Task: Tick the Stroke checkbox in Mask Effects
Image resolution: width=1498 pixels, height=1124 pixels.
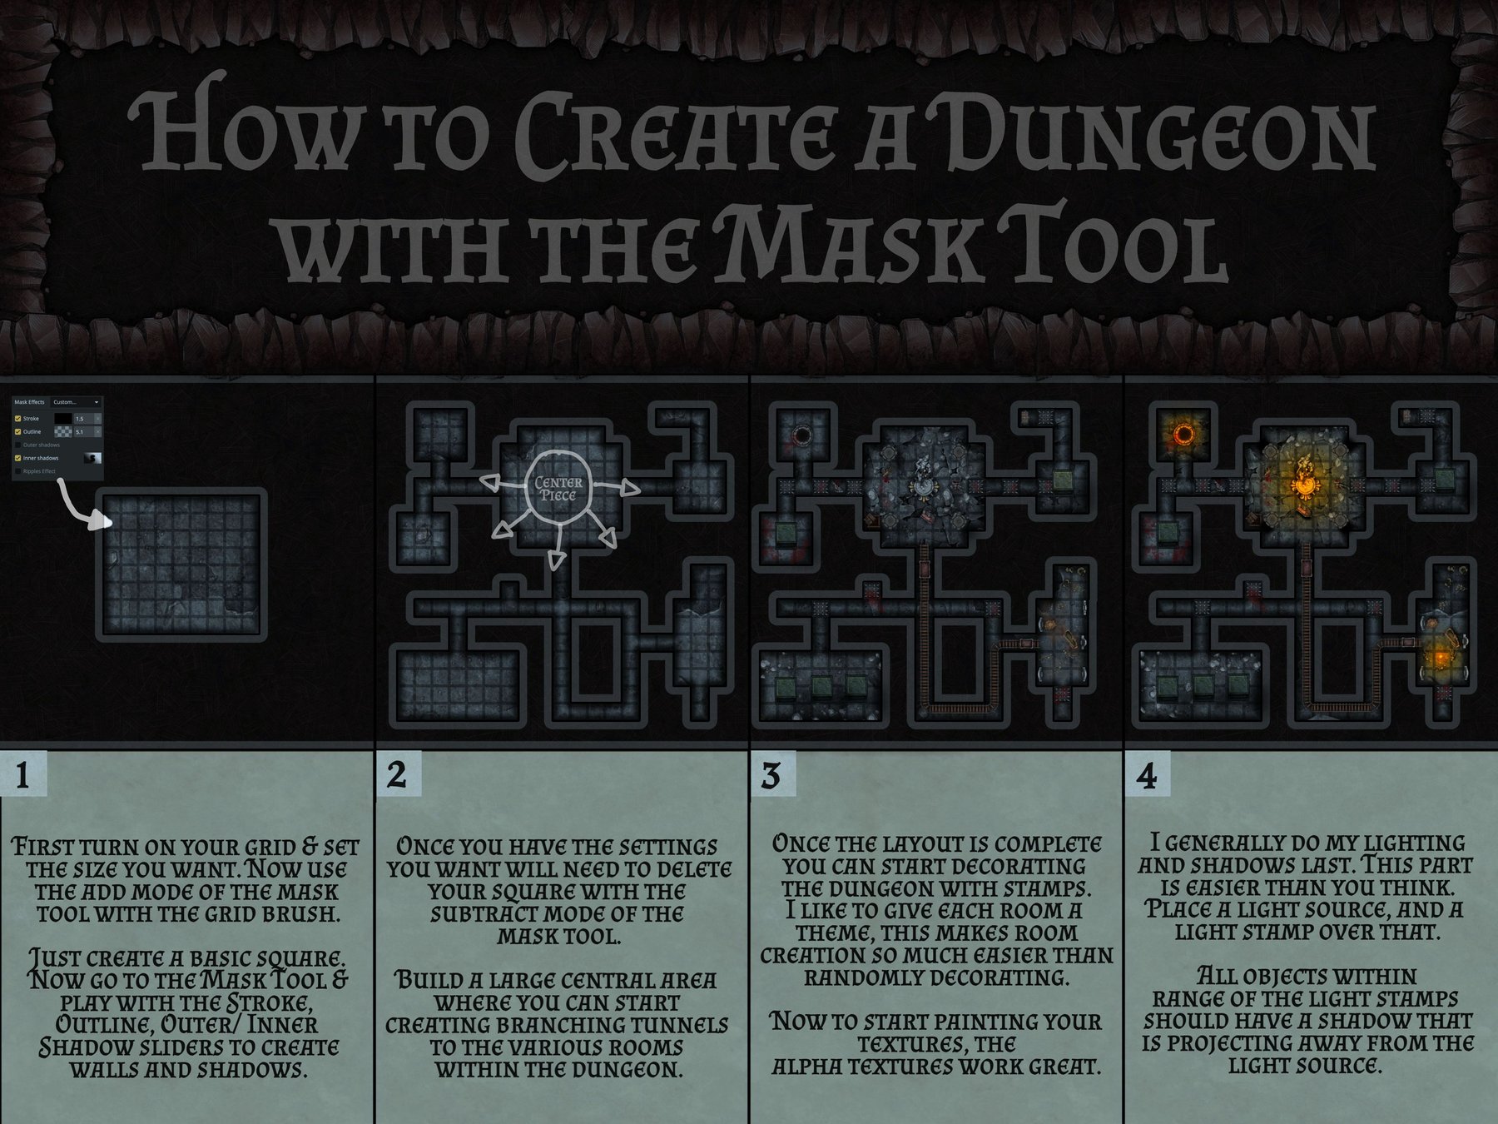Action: click(18, 419)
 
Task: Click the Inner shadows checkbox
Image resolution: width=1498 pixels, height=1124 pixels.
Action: click(18, 458)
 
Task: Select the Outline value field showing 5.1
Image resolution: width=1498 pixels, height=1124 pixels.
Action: click(82, 432)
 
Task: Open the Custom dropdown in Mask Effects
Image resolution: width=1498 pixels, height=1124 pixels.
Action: click(77, 402)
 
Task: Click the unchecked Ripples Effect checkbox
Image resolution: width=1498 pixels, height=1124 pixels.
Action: click(18, 471)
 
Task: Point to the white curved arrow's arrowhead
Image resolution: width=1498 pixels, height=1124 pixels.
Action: click(105, 522)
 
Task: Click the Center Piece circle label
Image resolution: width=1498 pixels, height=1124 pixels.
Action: click(558, 489)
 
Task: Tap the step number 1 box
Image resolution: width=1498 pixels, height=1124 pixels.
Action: click(23, 775)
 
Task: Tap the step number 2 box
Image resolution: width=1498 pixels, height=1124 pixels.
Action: click(398, 775)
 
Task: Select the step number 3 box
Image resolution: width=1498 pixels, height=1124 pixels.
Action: click(771, 775)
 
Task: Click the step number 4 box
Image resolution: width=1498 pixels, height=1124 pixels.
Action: click(1147, 775)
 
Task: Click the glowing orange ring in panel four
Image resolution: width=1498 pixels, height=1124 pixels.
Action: click(1183, 434)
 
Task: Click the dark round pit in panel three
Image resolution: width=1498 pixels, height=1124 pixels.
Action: click(803, 435)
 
